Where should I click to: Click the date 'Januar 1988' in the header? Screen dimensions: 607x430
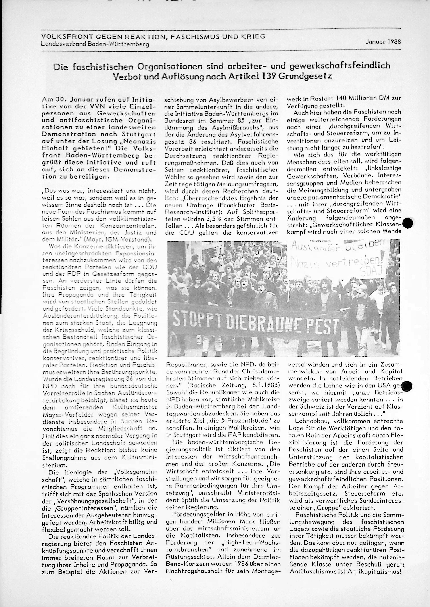[383, 42]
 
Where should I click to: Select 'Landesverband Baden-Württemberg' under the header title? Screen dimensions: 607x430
[95, 44]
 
